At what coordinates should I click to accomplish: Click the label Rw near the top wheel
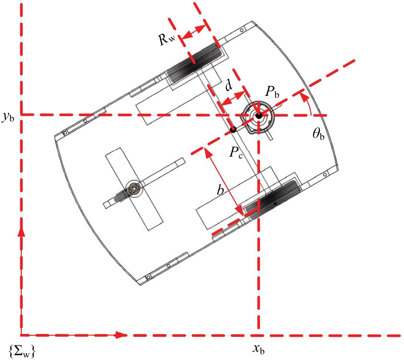(x=167, y=39)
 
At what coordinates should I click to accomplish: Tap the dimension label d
(x=229, y=85)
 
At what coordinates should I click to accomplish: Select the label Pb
(x=273, y=92)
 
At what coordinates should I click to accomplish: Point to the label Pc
(x=236, y=153)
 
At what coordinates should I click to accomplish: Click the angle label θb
(x=318, y=134)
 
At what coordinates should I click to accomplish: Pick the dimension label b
(x=220, y=190)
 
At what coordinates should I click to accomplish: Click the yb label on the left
(x=8, y=117)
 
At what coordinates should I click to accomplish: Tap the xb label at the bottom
(x=259, y=349)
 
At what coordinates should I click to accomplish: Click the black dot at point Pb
(x=259, y=116)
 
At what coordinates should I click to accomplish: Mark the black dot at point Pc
(x=234, y=130)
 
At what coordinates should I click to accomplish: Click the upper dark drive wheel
(x=194, y=62)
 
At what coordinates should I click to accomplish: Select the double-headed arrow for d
(x=233, y=99)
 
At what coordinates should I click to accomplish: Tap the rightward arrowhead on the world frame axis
(x=120, y=335)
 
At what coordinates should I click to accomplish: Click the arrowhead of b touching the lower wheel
(x=241, y=211)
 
